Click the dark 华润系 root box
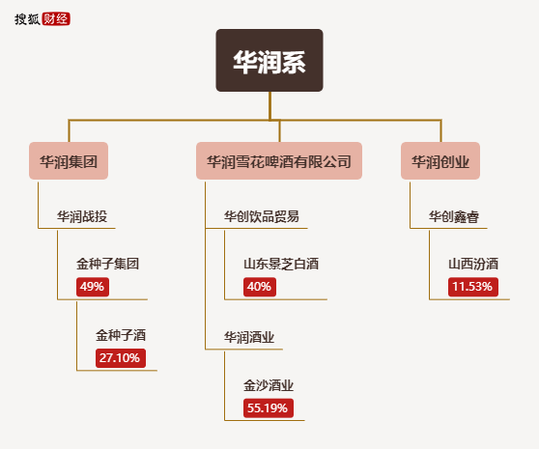click(269, 60)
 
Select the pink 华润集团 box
click(69, 161)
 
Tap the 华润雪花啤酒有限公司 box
click(279, 161)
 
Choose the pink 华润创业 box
click(440, 161)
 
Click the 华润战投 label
click(82, 216)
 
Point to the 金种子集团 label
click(107, 264)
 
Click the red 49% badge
click(93, 287)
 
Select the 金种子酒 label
click(121, 335)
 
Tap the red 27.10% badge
click(121, 358)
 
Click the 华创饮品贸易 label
click(262, 216)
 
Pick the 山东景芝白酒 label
click(281, 264)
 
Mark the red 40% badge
click(260, 287)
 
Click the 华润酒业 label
click(249, 337)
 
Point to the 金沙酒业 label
click(269, 385)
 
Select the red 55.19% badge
click(269, 408)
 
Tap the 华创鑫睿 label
click(453, 216)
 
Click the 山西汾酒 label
click(473, 264)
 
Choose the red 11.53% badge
click(473, 287)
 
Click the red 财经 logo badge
click(56, 19)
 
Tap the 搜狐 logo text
click(27, 19)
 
